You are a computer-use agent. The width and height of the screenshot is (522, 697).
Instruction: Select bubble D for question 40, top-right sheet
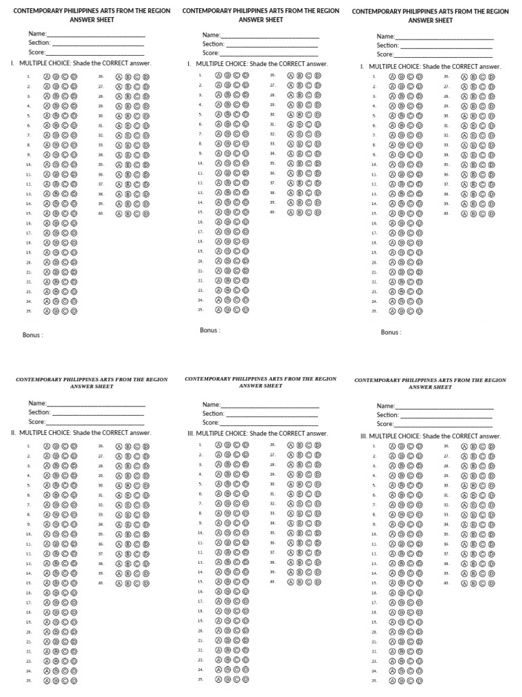tap(491, 214)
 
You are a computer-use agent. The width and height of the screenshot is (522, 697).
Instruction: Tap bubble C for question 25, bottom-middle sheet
tap(237, 679)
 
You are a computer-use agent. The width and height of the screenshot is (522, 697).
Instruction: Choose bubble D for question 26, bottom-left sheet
tap(146, 447)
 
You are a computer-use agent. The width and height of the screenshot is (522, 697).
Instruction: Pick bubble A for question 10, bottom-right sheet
tap(392, 534)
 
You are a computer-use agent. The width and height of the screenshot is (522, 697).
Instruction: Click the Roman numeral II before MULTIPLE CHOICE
tap(14, 433)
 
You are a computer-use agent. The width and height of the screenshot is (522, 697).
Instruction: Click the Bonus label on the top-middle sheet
tap(209, 330)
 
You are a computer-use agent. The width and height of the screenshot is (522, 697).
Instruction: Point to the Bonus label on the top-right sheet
tap(391, 332)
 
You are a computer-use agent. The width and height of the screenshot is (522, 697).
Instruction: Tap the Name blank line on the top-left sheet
tap(96, 35)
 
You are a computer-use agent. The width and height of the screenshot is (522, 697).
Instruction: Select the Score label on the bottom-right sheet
tap(385, 424)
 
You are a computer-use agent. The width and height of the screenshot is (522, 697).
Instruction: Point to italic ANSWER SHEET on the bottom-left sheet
tap(92, 387)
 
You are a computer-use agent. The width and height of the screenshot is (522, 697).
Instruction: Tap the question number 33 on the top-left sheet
tap(101, 145)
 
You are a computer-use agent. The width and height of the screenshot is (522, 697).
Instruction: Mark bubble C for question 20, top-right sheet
tap(411, 262)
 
